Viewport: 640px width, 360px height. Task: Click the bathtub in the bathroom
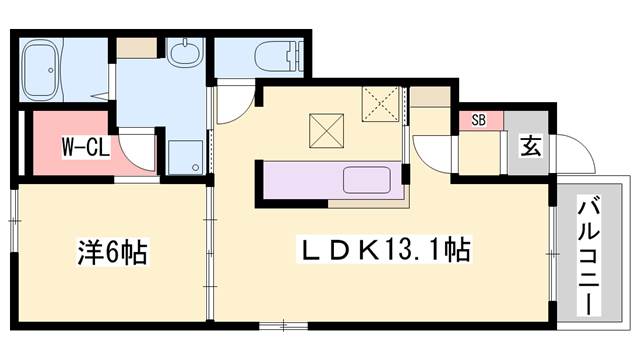(x=41, y=70)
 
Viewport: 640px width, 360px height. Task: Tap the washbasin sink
(x=186, y=53)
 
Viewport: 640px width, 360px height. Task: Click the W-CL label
(x=86, y=147)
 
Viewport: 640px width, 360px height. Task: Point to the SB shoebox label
(x=479, y=120)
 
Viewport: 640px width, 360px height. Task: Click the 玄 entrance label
(x=531, y=146)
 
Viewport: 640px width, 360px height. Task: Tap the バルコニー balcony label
(x=589, y=256)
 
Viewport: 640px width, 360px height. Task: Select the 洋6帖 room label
(x=113, y=252)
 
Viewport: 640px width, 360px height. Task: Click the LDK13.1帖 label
(x=384, y=249)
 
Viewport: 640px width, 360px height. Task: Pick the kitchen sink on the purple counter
(x=367, y=180)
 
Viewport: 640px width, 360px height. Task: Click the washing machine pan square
(x=186, y=157)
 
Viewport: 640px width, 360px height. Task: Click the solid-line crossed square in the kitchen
(x=327, y=131)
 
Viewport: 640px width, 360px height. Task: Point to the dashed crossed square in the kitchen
(x=381, y=104)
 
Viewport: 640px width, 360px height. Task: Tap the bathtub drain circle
(x=51, y=70)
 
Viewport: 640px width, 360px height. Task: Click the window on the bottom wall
(x=283, y=325)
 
